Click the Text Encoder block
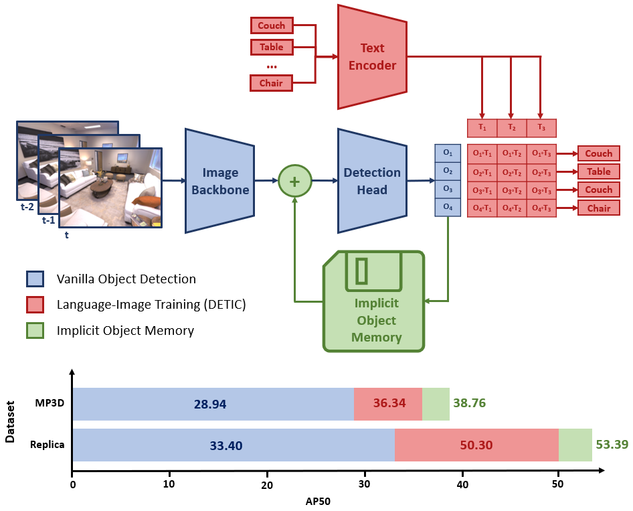click(372, 57)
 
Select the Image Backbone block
click(219, 181)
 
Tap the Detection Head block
click(372, 181)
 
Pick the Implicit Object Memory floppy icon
click(375, 301)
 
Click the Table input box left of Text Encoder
click(271, 47)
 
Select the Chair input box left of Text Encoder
click(271, 83)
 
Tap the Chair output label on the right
click(598, 208)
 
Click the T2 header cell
click(511, 128)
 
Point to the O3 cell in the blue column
click(448, 190)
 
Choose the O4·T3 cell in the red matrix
click(541, 208)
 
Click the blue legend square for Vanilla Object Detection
click(35, 279)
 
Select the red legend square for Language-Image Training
click(35, 305)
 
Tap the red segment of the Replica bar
click(476, 445)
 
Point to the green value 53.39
click(610, 445)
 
